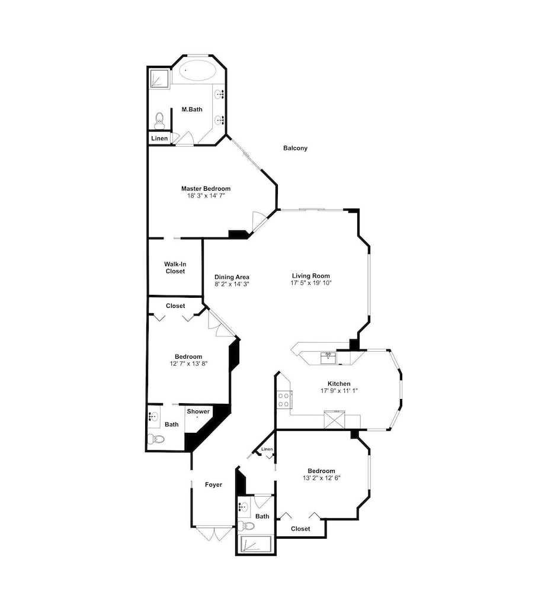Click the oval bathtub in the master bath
pyautogui.click(x=197, y=70)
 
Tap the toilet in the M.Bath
pyautogui.click(x=159, y=120)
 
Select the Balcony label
pyautogui.click(x=295, y=148)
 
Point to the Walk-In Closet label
pyautogui.click(x=175, y=268)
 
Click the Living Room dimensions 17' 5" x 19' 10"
pyautogui.click(x=310, y=283)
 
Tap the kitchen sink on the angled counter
pyautogui.click(x=328, y=358)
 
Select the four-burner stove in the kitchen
pyautogui.click(x=284, y=400)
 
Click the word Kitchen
pyautogui.click(x=338, y=384)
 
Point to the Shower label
pyautogui.click(x=198, y=411)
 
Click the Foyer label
pyautogui.click(x=213, y=484)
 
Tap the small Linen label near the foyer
pyautogui.click(x=267, y=449)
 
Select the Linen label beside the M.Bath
pyautogui.click(x=159, y=138)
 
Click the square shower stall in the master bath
pyautogui.click(x=159, y=78)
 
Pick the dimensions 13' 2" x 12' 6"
pyautogui.click(x=321, y=478)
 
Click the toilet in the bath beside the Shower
pyautogui.click(x=156, y=439)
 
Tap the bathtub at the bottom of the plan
pyautogui.click(x=255, y=545)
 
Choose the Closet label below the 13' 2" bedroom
pyautogui.click(x=300, y=529)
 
